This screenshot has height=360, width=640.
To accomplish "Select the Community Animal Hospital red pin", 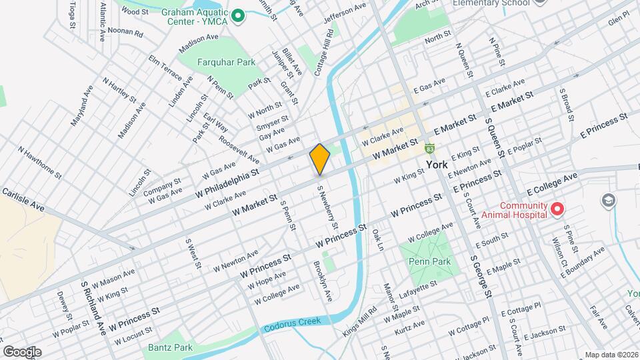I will tap(557, 210).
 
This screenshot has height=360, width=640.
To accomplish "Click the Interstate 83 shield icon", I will tap(431, 147).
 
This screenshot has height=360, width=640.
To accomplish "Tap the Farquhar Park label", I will tap(217, 63).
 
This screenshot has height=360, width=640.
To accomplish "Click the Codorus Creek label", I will tap(292, 325).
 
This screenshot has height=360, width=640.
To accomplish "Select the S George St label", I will tap(481, 275).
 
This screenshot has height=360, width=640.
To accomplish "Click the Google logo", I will tap(22, 351).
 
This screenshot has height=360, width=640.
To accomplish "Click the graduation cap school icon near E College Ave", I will tap(607, 200).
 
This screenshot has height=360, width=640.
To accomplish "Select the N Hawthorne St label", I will tap(40, 163).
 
